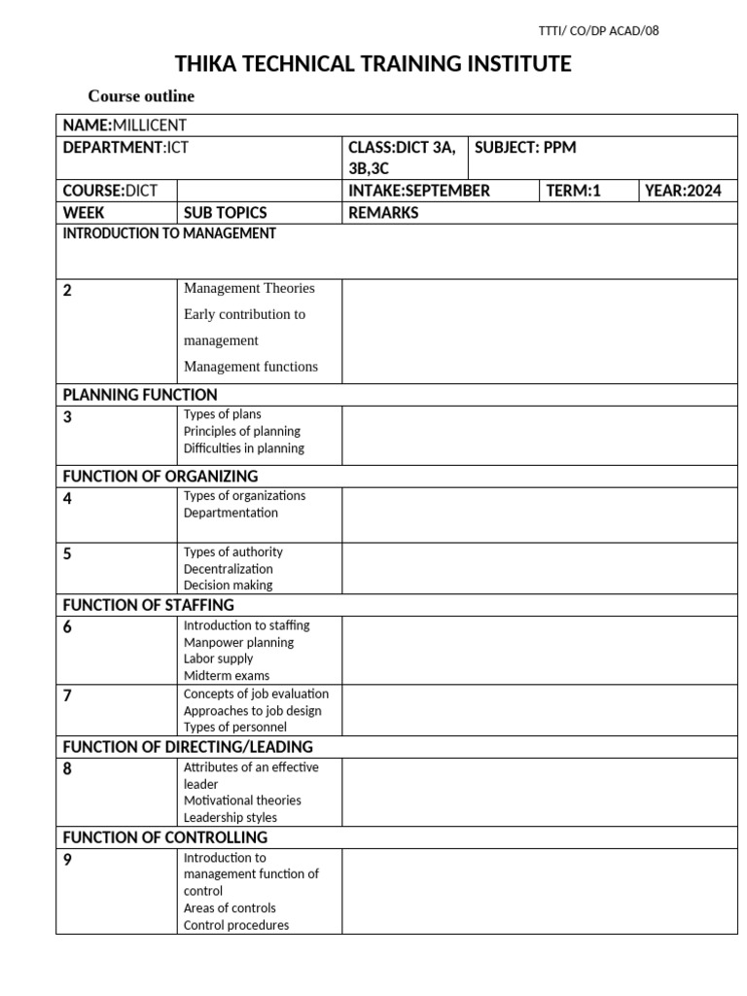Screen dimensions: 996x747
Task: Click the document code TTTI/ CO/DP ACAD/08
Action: pyautogui.click(x=598, y=30)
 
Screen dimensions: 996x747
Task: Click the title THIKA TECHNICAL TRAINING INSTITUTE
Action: pyautogui.click(x=373, y=65)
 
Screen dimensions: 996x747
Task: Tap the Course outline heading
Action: pyautogui.click(x=141, y=96)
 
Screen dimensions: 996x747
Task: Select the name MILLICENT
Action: pyautogui.click(x=150, y=124)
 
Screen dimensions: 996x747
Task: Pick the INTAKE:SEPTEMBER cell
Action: pyautogui.click(x=419, y=191)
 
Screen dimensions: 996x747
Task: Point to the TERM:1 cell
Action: pyautogui.click(x=574, y=191)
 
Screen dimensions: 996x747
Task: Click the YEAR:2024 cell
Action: pyautogui.click(x=684, y=191)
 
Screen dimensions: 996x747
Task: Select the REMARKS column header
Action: pyautogui.click(x=383, y=213)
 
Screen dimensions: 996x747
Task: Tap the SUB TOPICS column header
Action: pyautogui.click(x=225, y=213)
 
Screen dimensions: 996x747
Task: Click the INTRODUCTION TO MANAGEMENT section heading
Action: pyautogui.click(x=169, y=233)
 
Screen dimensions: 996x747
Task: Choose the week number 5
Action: pyautogui.click(x=67, y=554)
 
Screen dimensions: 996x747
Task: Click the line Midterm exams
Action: pyautogui.click(x=227, y=676)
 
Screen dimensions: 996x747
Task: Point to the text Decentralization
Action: pyautogui.click(x=229, y=569)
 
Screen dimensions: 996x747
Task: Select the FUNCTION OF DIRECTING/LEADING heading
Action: pyautogui.click(x=188, y=747)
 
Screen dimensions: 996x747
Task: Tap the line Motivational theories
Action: pyautogui.click(x=242, y=800)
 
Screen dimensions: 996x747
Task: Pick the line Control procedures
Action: pyautogui.click(x=236, y=925)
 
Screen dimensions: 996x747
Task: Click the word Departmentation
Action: pyautogui.click(x=231, y=513)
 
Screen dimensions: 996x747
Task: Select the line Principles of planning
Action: pyautogui.click(x=242, y=431)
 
